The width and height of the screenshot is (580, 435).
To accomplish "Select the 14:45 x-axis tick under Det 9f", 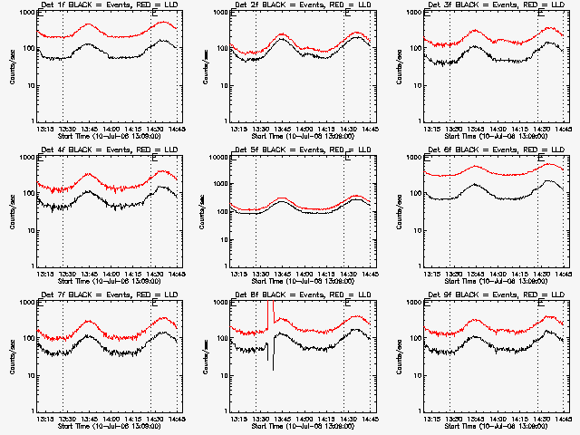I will pos(565,418).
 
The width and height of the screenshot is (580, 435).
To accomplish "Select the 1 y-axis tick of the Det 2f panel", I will pos(228,121).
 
